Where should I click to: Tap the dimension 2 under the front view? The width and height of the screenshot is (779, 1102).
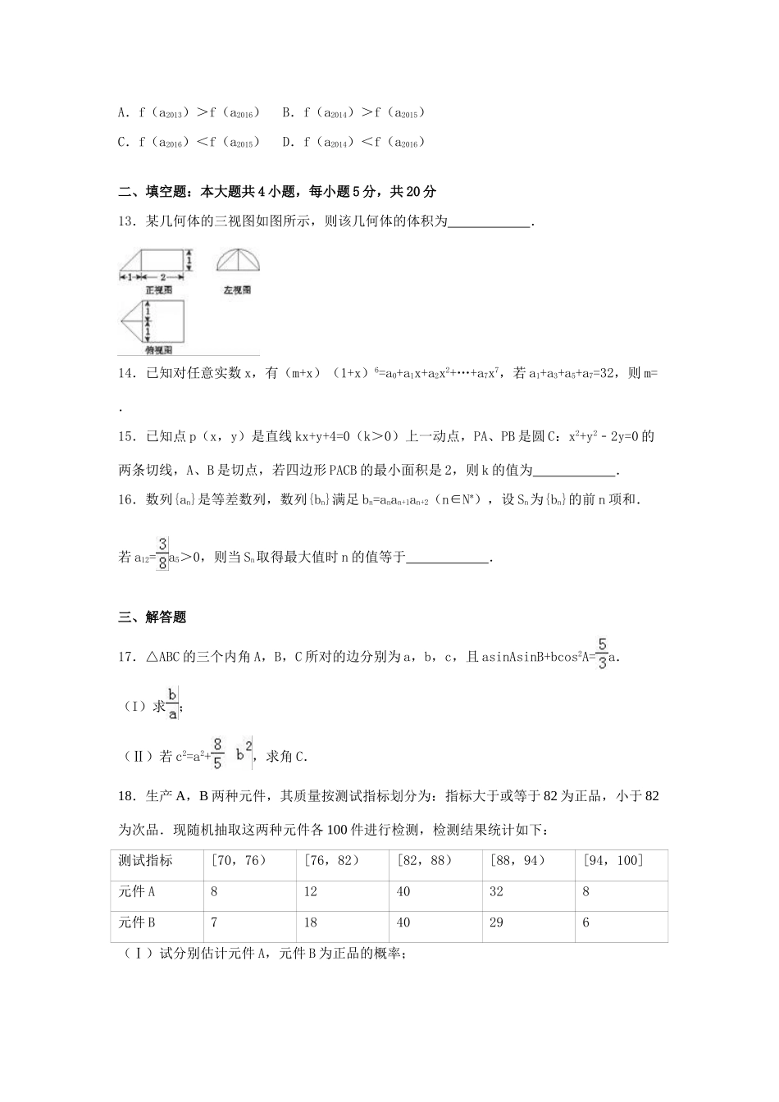pyautogui.click(x=162, y=278)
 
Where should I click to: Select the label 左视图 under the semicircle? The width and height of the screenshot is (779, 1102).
pyautogui.click(x=237, y=290)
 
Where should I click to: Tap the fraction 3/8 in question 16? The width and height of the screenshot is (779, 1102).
pyautogui.click(x=162, y=553)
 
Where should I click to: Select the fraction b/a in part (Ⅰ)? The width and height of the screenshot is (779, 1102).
pyautogui.click(x=172, y=703)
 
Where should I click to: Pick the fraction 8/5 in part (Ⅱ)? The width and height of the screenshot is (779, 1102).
pyautogui.click(x=217, y=753)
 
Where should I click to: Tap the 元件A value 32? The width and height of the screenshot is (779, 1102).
pyautogui.click(x=496, y=891)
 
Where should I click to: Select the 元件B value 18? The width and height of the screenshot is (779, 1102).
pyautogui.click(x=310, y=922)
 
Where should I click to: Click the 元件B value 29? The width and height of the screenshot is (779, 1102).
pyautogui.click(x=496, y=922)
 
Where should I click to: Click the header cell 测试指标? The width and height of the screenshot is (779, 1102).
pyautogui.click(x=145, y=860)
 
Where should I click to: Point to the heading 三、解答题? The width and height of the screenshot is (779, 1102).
pyautogui.click(x=153, y=617)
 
